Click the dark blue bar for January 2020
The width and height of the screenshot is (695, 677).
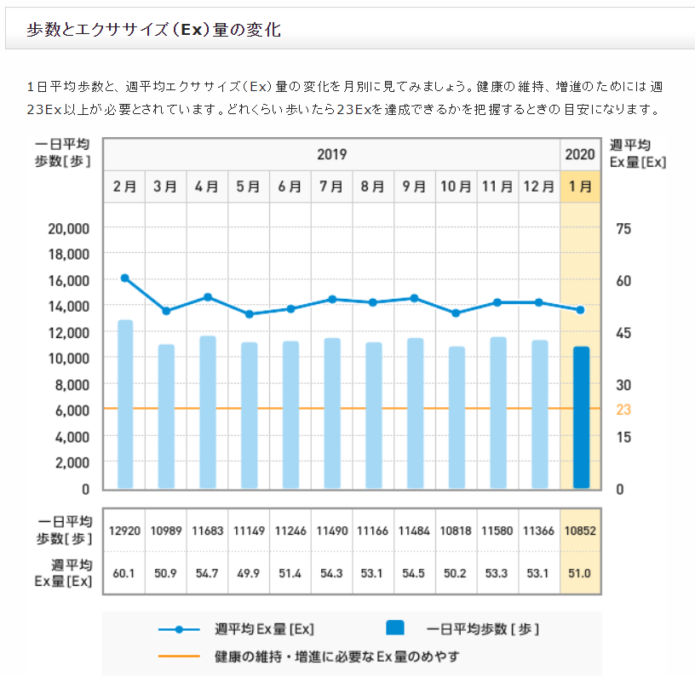[581, 417]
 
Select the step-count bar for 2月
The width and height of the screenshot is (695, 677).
[125, 404]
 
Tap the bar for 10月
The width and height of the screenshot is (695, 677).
[457, 417]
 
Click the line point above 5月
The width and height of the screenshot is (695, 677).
[250, 314]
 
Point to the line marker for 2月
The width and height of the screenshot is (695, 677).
[125, 278]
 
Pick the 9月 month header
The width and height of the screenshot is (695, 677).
[415, 186]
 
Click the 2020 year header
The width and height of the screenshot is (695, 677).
[580, 155]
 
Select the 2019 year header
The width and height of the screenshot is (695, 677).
[331, 155]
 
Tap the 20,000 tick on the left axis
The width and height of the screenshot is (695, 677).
[67, 228]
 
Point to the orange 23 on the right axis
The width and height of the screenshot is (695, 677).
[623, 410]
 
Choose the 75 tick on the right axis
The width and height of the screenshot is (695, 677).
[623, 228]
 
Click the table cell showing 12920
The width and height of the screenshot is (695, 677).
[124, 531]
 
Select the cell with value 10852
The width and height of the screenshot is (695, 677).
[580, 531]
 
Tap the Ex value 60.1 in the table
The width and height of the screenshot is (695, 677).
[124, 573]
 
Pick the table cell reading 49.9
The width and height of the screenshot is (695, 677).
[249, 573]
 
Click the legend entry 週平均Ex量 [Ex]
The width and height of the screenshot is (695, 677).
[264, 629]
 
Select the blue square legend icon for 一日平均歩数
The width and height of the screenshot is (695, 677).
[394, 629]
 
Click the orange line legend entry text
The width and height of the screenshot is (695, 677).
[337, 657]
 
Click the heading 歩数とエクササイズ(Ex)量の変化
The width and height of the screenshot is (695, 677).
[154, 30]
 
